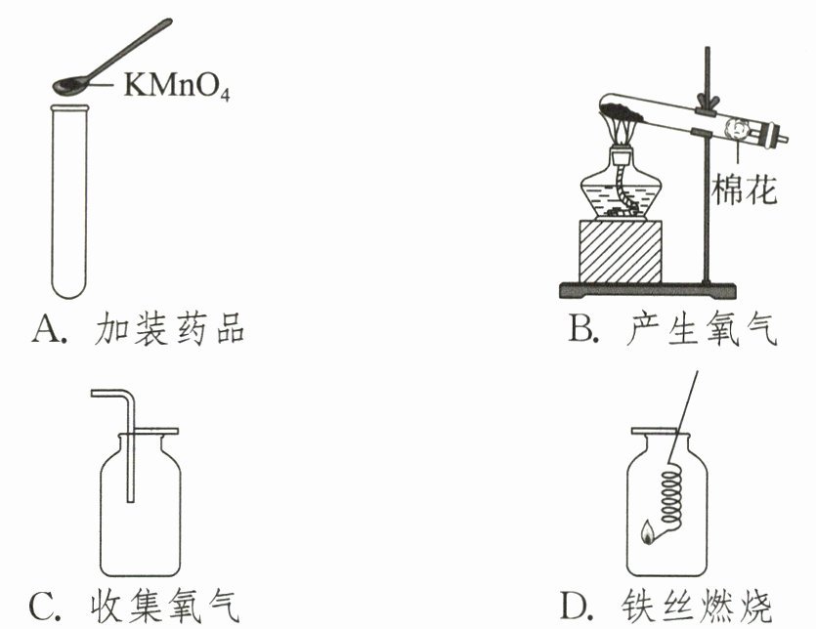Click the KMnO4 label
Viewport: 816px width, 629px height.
[177, 87]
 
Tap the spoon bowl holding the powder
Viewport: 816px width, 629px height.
[68, 86]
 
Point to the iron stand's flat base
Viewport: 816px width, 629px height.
[645, 289]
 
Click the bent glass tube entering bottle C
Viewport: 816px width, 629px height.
[127, 430]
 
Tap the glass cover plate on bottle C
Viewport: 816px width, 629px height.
[142, 431]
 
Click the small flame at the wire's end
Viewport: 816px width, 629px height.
[646, 533]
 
